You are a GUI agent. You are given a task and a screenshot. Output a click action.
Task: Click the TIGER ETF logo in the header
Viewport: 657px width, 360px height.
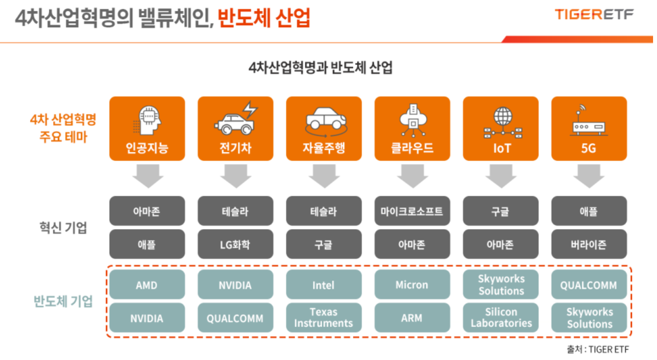[594, 15]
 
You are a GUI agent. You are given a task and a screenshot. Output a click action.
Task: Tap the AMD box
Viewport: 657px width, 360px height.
[147, 285]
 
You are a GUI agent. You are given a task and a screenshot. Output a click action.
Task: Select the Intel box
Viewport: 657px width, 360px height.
[323, 285]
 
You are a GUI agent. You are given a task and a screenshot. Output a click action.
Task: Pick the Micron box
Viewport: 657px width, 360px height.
[412, 285]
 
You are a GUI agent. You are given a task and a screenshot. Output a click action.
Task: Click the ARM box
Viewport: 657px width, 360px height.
[412, 318]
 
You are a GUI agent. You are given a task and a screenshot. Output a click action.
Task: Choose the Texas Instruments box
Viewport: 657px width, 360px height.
[323, 318]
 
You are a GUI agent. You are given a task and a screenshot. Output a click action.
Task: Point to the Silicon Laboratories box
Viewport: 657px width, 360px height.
[501, 318]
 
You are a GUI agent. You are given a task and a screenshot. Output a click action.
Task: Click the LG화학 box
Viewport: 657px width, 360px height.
[235, 244]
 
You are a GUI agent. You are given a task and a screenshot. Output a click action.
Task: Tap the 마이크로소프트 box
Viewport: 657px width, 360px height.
[412, 211]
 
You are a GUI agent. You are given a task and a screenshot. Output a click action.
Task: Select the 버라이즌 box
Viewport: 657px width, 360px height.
[589, 244]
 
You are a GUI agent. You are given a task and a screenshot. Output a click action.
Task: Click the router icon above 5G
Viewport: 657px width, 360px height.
[589, 121]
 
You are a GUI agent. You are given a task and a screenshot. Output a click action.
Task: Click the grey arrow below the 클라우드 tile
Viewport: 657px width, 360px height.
[412, 176]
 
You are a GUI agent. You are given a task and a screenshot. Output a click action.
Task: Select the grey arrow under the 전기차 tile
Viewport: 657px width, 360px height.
[235, 176]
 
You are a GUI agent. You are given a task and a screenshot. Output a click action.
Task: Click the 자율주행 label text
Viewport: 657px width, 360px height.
[323, 148]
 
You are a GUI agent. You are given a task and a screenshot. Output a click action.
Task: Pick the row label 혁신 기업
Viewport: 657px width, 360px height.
[63, 228]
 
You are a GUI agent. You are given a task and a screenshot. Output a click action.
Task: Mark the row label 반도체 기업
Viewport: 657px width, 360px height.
[63, 301]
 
